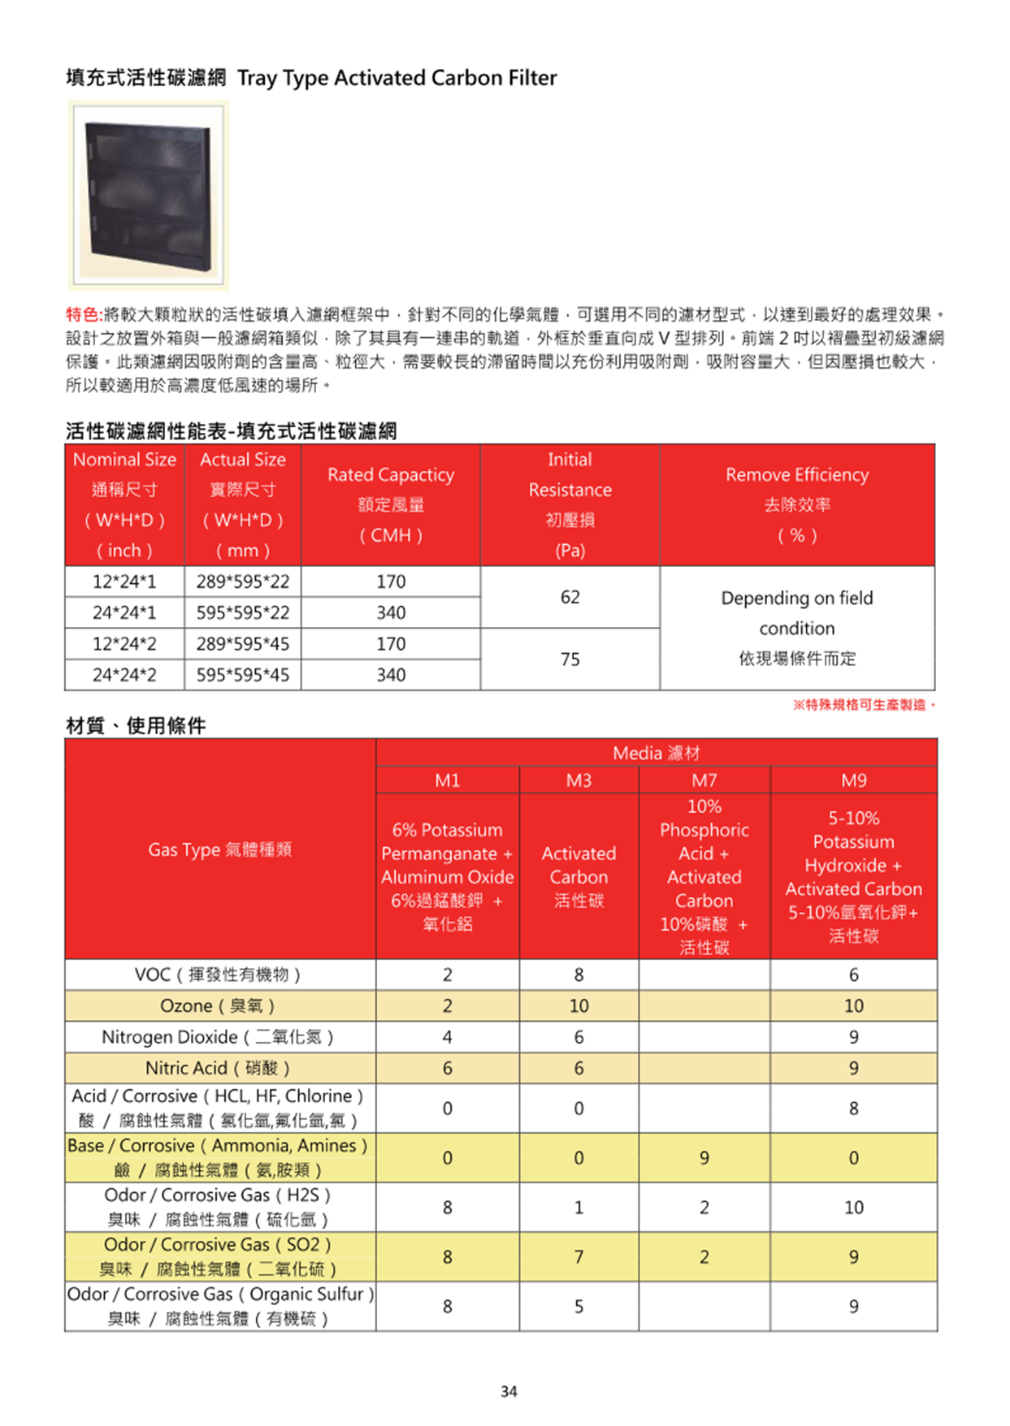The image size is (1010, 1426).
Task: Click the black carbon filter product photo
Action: (148, 196)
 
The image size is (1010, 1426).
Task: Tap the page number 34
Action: (509, 1391)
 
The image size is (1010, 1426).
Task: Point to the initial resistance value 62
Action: (570, 597)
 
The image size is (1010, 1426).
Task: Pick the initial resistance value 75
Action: (570, 659)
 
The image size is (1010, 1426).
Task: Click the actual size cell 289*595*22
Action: (242, 581)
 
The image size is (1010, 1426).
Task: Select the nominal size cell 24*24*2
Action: (124, 675)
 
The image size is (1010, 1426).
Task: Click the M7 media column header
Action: (704, 780)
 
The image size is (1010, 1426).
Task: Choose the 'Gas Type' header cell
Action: (219, 849)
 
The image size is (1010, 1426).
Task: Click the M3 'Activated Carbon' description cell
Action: (579, 876)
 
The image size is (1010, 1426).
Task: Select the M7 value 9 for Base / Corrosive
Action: (704, 1158)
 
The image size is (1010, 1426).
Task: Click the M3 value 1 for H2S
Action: (579, 1208)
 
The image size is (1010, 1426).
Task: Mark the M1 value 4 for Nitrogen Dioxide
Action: (447, 1037)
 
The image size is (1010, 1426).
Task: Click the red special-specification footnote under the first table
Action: (864, 705)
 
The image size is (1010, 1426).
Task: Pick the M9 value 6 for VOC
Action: (853, 974)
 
